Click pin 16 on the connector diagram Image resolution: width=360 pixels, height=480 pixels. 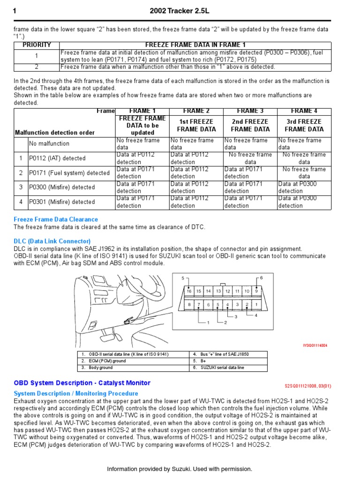pyautogui.click(x=189, y=291)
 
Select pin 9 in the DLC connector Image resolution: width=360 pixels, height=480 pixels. pyautogui.click(x=256, y=291)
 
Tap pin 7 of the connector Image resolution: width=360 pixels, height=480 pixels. pyautogui.click(x=199, y=305)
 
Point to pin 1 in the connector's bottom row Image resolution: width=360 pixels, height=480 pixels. pyautogui.click(x=256, y=305)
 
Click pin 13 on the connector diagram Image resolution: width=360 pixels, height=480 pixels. pyautogui.click(x=218, y=291)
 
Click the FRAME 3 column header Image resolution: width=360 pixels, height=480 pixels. pyautogui.click(x=250, y=111)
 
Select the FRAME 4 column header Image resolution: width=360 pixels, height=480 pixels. pyautogui.click(x=304, y=111)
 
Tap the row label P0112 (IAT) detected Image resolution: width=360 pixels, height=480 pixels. pyautogui.click(x=57, y=158)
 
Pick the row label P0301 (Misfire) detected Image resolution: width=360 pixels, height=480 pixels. pyautogui.click(x=62, y=202)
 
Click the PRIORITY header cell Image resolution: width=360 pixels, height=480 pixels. pyautogui.click(x=37, y=45)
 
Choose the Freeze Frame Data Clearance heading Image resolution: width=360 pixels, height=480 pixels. pyautogui.click(x=56, y=219)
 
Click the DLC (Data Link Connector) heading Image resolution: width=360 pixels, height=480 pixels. pyautogui.click(x=52, y=241)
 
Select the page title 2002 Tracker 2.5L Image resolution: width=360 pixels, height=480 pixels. pyautogui.click(x=180, y=11)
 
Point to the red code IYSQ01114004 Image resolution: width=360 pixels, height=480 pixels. pyautogui.click(x=315, y=345)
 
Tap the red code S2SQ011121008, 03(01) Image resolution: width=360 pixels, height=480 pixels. pyautogui.click(x=308, y=386)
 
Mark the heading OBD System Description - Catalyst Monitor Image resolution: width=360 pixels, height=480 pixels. pyautogui.click(x=82, y=383)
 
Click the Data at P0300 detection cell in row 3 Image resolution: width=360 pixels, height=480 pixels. pyautogui.click(x=304, y=187)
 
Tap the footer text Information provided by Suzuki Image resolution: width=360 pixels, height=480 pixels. pyautogui.click(x=180, y=469)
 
